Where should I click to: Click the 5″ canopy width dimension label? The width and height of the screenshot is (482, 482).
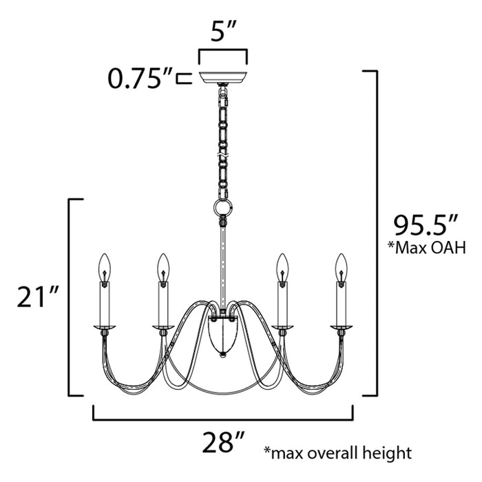pyautogui.click(x=222, y=33)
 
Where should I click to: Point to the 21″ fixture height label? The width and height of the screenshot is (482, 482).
pyautogui.click(x=39, y=297)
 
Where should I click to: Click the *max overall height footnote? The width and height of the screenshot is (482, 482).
pyautogui.click(x=337, y=452)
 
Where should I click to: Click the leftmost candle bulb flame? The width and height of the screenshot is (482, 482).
pyautogui.click(x=105, y=266)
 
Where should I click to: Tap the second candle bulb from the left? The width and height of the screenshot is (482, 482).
pyautogui.click(x=163, y=266)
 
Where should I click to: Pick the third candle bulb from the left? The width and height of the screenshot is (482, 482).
pyautogui.click(x=281, y=266)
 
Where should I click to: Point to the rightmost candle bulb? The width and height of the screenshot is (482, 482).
pyautogui.click(x=339, y=266)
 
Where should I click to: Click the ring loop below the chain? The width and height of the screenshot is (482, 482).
pyautogui.click(x=222, y=207)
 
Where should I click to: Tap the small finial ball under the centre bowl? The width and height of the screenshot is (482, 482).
pyautogui.click(x=222, y=355)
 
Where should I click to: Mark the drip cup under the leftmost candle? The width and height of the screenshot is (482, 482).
pyautogui.click(x=105, y=326)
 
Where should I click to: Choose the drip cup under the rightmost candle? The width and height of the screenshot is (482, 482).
pyautogui.click(x=339, y=326)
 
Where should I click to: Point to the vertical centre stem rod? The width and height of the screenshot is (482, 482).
pyautogui.click(x=222, y=269)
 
